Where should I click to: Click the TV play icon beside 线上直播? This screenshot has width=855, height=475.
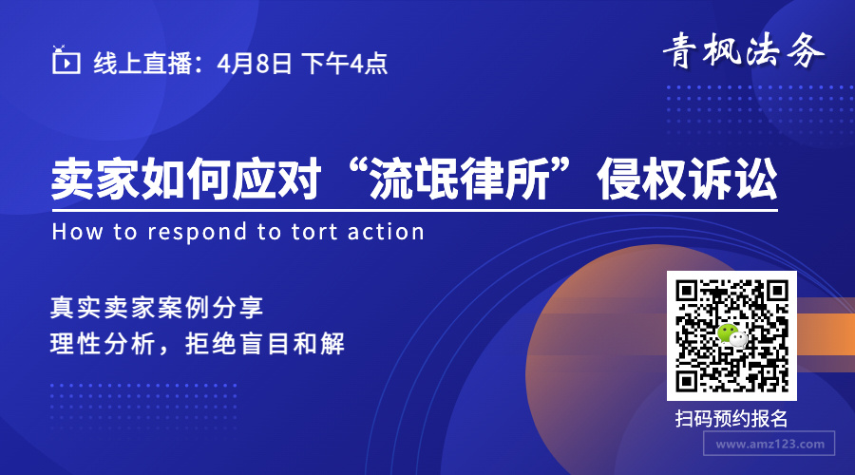66,60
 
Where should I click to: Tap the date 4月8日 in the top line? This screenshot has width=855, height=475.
255,64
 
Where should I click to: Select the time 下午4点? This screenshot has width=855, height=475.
344,64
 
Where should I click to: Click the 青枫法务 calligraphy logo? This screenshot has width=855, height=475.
743,50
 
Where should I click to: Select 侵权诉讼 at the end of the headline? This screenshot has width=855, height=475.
687,179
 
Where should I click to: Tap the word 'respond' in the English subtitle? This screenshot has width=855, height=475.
198,233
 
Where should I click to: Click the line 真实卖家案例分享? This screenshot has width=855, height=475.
157,308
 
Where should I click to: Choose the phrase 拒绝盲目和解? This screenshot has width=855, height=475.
265,344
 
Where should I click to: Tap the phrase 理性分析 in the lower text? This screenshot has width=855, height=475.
103,344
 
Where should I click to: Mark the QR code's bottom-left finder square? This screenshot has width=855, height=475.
687,381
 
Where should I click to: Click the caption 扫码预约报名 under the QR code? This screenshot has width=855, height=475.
731,419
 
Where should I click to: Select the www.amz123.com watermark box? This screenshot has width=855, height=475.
769,444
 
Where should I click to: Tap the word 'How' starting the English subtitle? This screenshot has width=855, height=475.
77,232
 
